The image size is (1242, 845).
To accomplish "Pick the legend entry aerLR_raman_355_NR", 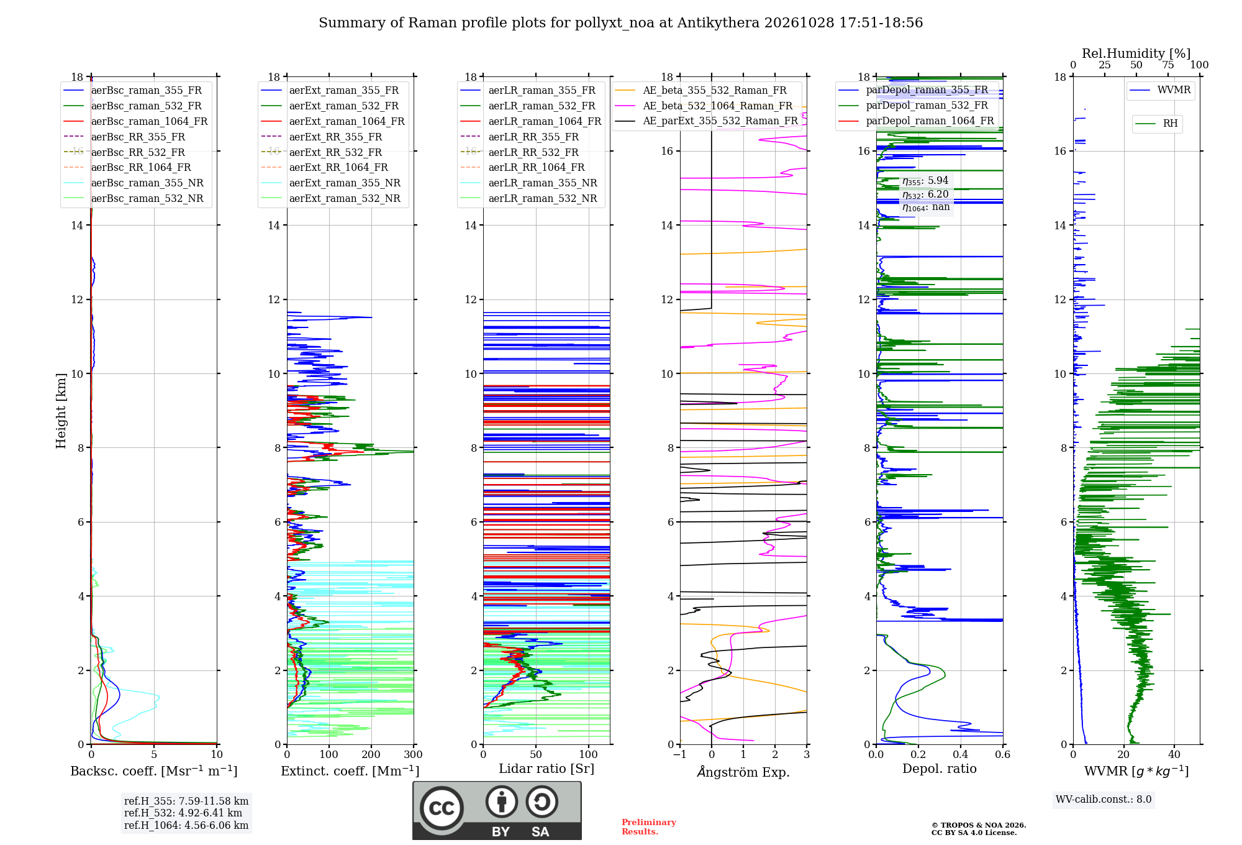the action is (x=529, y=183).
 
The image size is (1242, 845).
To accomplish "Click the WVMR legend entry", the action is (x=1160, y=90).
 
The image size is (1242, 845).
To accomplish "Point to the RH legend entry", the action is (x=1156, y=124).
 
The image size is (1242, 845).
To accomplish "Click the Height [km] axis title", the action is (x=61, y=410).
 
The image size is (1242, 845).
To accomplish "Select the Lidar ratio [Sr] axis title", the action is (x=546, y=769).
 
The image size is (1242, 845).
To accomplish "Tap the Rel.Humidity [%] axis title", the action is (x=1136, y=53).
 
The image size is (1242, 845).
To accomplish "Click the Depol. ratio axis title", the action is (x=940, y=769).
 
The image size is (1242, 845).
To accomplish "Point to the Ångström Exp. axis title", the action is (x=743, y=772).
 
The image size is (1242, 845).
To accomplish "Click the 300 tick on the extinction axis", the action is (x=413, y=754).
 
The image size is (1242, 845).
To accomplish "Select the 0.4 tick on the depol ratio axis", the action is (x=961, y=754).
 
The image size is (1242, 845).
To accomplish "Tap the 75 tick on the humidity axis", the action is (x=1168, y=65).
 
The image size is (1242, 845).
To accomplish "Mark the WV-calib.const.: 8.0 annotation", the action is (x=1104, y=800).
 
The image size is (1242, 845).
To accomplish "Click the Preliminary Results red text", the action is (x=649, y=827).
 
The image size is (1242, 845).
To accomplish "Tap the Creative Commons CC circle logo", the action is (x=442, y=808).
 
